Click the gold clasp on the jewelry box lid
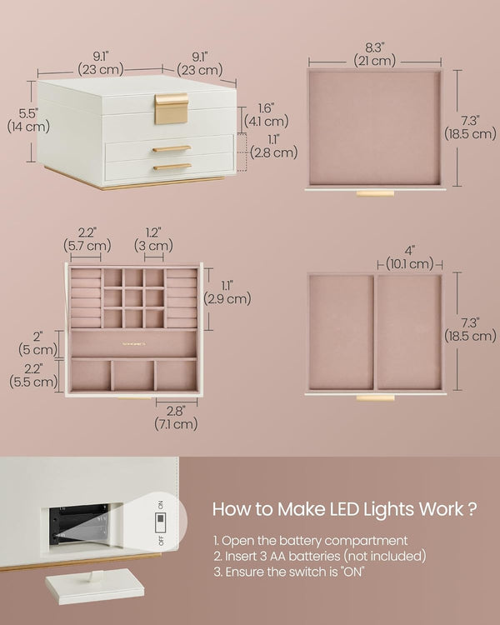[171, 108]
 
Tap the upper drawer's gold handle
[171, 149]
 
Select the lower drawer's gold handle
[171, 167]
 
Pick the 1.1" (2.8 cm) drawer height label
[272, 146]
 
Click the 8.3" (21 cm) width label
[373, 52]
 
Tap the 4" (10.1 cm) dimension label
[409, 257]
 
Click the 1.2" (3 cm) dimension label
[153, 239]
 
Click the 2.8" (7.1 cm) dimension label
[175, 417]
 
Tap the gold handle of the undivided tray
[374, 193]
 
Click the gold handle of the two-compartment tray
[374, 397]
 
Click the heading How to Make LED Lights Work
[344, 508]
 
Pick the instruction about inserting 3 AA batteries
[319, 556]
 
